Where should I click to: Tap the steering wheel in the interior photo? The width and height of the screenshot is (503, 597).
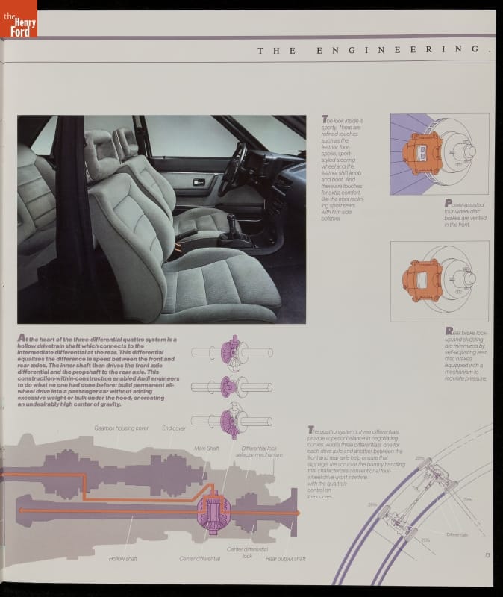(x=233, y=169)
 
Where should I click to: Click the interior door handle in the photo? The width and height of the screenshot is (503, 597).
(x=198, y=182)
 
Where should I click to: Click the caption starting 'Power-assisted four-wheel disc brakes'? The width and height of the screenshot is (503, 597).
(x=465, y=213)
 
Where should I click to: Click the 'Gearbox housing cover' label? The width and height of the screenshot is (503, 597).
(x=121, y=428)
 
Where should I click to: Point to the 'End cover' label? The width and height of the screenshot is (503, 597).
(x=174, y=428)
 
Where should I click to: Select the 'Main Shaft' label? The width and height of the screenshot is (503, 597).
(x=207, y=448)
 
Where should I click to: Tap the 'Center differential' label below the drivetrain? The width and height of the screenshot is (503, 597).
(x=198, y=558)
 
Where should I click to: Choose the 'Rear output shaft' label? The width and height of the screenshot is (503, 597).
(x=285, y=558)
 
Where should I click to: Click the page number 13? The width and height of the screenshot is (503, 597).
(x=487, y=554)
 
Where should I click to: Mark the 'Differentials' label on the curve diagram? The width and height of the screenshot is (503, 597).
(x=457, y=534)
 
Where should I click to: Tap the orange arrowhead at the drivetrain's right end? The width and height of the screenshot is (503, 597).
(x=296, y=513)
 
